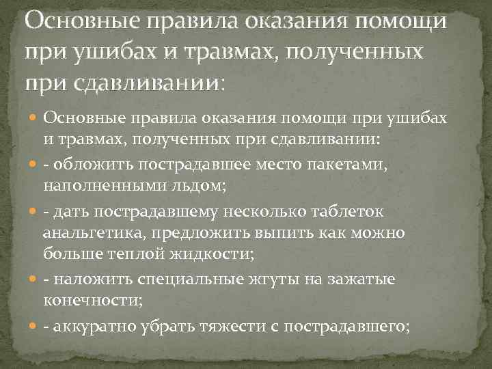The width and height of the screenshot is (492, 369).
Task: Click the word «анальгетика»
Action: (x=93, y=233)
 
